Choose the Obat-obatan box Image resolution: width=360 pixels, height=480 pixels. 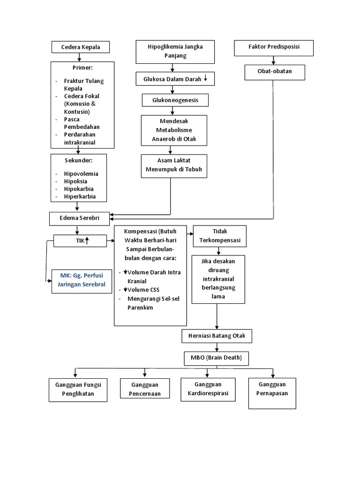[275, 72]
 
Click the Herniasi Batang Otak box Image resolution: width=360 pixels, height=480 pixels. [217, 336]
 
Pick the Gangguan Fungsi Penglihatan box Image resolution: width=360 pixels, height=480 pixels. [78, 389]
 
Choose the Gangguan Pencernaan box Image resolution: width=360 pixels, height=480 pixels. [144, 389]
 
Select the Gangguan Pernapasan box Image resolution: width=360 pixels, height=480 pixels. [272, 389]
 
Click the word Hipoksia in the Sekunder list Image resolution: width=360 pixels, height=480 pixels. [75, 181]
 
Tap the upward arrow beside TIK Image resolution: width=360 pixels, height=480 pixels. [88, 241]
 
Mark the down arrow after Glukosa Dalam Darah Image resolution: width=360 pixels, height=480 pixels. [206, 79]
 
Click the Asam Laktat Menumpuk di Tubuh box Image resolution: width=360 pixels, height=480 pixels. [173, 165]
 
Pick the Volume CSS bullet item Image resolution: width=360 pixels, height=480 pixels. [142, 289]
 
